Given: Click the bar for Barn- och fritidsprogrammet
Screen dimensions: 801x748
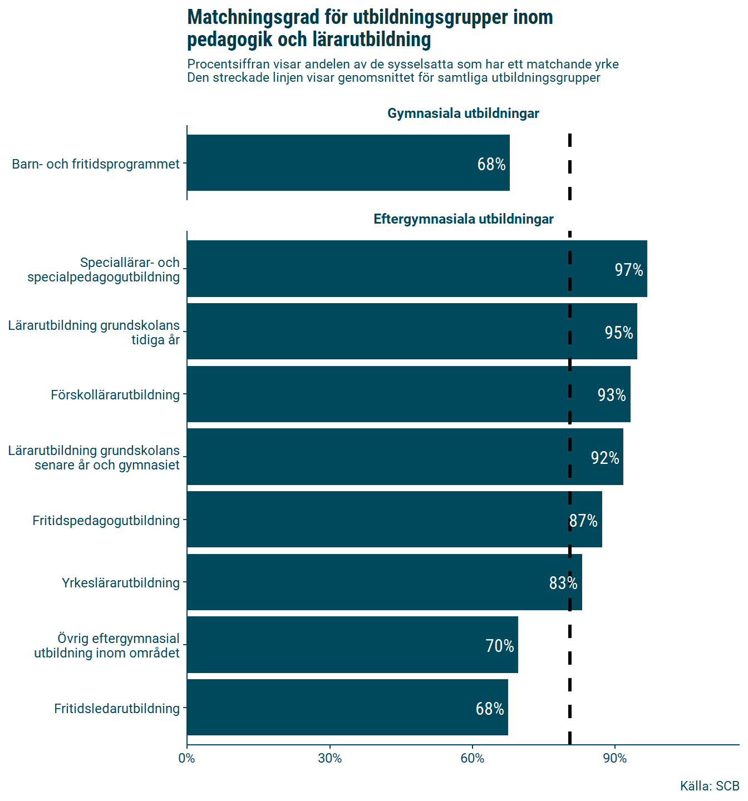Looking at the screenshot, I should click(x=348, y=163).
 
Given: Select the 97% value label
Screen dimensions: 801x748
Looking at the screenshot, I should click(x=629, y=270).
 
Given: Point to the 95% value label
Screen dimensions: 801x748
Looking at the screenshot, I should click(x=619, y=333).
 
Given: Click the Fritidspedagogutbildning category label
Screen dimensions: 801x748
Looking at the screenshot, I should click(x=106, y=521).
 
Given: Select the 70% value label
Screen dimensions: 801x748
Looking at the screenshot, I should click(x=500, y=646).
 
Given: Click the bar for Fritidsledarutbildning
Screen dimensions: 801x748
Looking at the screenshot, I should click(x=347, y=708).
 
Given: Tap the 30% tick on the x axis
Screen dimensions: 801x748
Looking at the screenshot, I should click(x=330, y=758).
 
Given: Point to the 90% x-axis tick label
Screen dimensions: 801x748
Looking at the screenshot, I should click(x=615, y=758).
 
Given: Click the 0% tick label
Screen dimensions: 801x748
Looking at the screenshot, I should click(x=187, y=758).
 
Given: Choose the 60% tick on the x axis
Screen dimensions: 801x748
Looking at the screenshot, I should click(x=473, y=758).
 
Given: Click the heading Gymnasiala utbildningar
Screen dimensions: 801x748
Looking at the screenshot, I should click(x=463, y=113).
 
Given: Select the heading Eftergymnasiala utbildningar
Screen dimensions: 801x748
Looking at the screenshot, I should click(x=463, y=219).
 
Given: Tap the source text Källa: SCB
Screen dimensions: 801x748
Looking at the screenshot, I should click(x=710, y=786).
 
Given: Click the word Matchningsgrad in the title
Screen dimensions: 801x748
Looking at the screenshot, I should click(x=254, y=18).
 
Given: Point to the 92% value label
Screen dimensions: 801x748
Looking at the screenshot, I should click(x=605, y=458).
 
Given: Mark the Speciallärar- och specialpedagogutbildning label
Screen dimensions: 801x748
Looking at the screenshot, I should click(x=104, y=270).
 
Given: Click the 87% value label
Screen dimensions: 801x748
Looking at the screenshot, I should click(x=583, y=521).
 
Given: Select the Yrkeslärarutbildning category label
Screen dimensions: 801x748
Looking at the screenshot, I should click(x=121, y=583).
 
